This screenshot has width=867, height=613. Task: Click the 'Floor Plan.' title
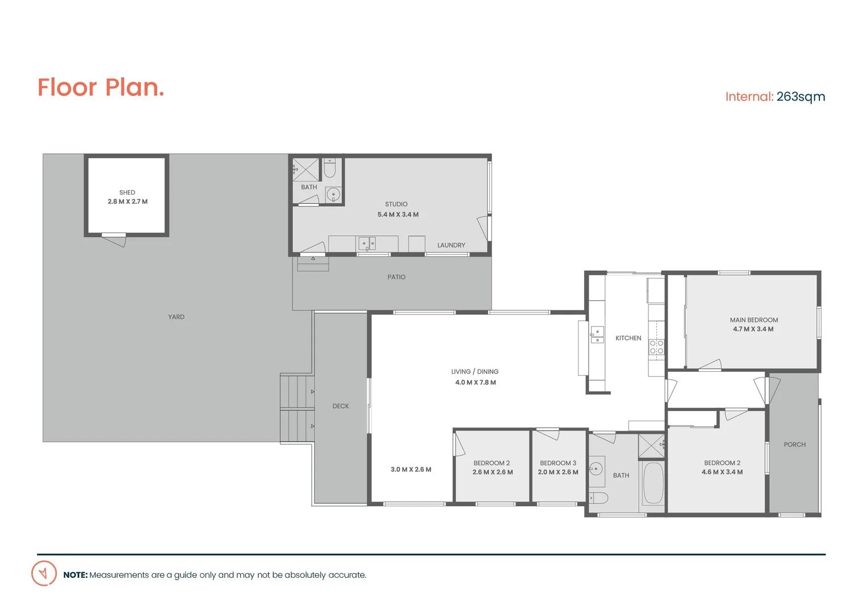pyautogui.click(x=101, y=87)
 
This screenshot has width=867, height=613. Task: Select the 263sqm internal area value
pyautogui.click(x=801, y=97)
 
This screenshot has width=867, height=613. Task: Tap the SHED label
pyautogui.click(x=127, y=192)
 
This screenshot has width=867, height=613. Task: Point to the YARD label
pyautogui.click(x=176, y=317)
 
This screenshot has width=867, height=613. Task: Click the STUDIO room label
pyautogui.click(x=396, y=204)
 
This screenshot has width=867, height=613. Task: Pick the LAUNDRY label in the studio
pyautogui.click(x=451, y=245)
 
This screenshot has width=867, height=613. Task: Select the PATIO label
pyautogui.click(x=396, y=277)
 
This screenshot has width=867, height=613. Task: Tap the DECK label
pyautogui.click(x=341, y=406)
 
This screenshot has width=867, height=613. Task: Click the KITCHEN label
pyautogui.click(x=628, y=338)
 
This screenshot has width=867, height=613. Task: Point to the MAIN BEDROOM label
pyautogui.click(x=753, y=320)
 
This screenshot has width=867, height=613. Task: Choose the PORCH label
pyautogui.click(x=794, y=444)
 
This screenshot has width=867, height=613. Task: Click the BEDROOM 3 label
pyautogui.click(x=558, y=463)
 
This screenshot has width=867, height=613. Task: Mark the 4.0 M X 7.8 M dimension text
pyautogui.click(x=475, y=383)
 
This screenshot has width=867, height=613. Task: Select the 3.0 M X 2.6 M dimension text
pyautogui.click(x=411, y=469)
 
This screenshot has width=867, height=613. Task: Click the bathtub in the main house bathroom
pyautogui.click(x=653, y=484)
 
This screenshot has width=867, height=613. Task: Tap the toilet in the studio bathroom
pyautogui.click(x=329, y=169)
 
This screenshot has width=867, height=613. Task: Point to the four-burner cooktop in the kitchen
pyautogui.click(x=656, y=347)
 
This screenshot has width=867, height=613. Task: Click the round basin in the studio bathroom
pyautogui.click(x=334, y=195)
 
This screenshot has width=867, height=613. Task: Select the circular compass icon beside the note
pyautogui.click(x=44, y=573)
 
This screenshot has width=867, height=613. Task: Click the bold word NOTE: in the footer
pyautogui.click(x=75, y=575)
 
